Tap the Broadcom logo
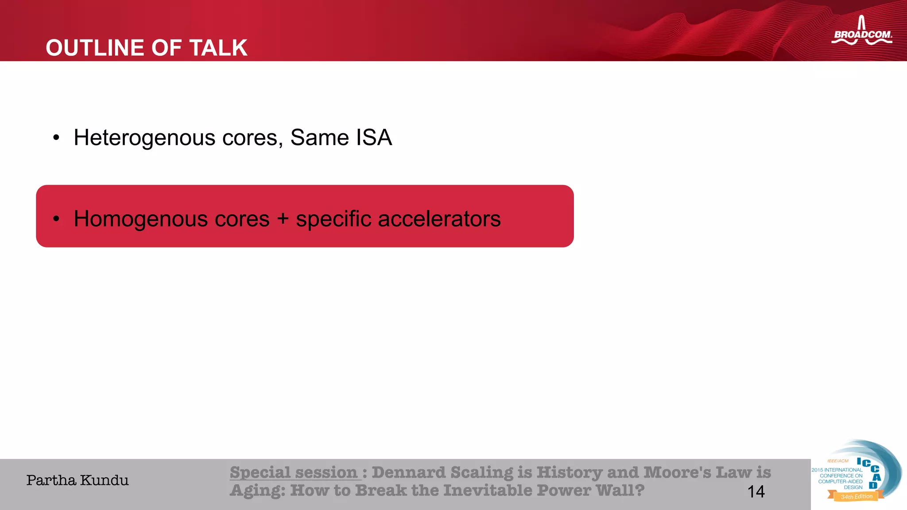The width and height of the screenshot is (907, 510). point(861,32)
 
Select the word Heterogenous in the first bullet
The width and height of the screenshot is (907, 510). point(144,138)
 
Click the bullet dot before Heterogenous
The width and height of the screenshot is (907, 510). point(56,138)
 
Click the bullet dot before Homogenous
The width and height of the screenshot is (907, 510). point(56,219)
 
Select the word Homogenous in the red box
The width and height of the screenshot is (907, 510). point(171,219)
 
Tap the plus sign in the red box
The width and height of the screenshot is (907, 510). point(283,219)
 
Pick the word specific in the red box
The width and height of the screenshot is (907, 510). point(333,219)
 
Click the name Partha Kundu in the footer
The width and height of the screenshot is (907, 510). point(78,480)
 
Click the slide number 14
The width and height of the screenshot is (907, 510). point(756,491)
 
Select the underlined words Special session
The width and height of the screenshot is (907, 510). point(293,472)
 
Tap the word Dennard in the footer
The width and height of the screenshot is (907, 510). point(408,472)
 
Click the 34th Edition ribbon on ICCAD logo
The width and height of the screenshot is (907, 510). point(856,496)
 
